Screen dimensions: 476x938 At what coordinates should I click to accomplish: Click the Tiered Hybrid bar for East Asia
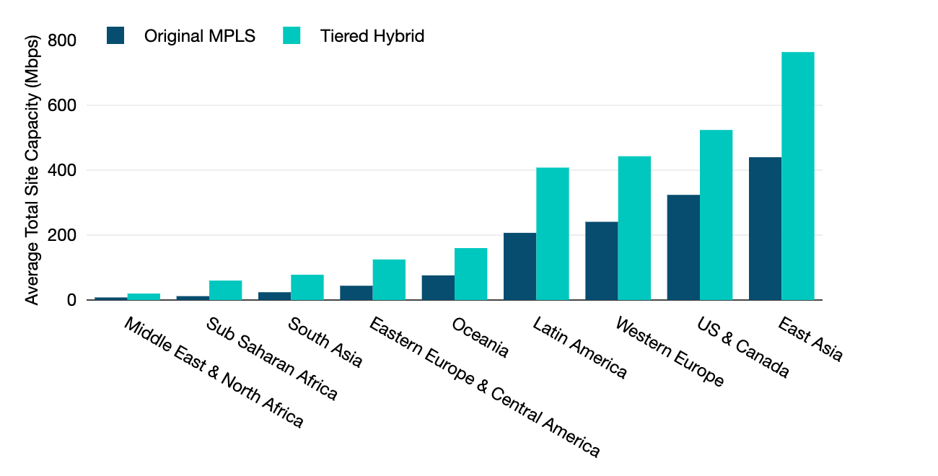pyautogui.click(x=797, y=176)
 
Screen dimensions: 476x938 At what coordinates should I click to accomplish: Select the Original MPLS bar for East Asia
pyautogui.click(x=765, y=229)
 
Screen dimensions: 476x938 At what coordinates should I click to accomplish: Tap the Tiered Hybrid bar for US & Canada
pyautogui.click(x=716, y=215)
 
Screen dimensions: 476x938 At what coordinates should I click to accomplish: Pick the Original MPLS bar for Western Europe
pyautogui.click(x=601, y=260)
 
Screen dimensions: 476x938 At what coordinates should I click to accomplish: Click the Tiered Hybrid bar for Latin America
pyautogui.click(x=552, y=234)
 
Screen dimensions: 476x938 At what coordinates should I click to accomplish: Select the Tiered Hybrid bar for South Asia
pyautogui.click(x=307, y=287)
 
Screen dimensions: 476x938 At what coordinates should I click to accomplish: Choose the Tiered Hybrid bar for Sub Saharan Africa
pyautogui.click(x=225, y=290)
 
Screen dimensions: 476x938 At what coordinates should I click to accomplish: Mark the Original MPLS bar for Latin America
pyautogui.click(x=520, y=266)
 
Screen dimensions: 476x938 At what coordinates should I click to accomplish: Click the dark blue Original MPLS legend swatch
pyautogui.click(x=115, y=35)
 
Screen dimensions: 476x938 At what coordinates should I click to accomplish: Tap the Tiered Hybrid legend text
pyautogui.click(x=372, y=36)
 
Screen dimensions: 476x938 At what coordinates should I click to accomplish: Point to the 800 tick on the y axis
pyautogui.click(x=62, y=40)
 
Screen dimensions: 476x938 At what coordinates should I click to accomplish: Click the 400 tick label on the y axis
pyautogui.click(x=62, y=170)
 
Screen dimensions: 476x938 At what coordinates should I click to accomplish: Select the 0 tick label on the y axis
pyautogui.click(x=71, y=300)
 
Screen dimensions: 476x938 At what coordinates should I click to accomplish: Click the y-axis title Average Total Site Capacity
pyautogui.click(x=32, y=169)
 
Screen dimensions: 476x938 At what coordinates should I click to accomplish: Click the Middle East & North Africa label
pyautogui.click(x=214, y=372)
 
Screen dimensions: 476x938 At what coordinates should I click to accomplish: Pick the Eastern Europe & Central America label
pyautogui.click(x=484, y=387)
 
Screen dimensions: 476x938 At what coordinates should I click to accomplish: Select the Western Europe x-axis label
pyautogui.click(x=669, y=351)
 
